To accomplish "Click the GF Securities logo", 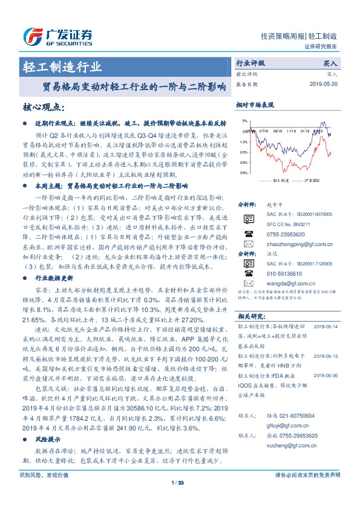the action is (57, 36).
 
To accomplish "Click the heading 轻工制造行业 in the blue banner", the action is (62, 66).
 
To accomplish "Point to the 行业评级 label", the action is (250, 62).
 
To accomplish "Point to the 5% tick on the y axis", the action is (243, 121).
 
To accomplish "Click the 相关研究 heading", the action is (250, 316).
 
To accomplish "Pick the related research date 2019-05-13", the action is (327, 357).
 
